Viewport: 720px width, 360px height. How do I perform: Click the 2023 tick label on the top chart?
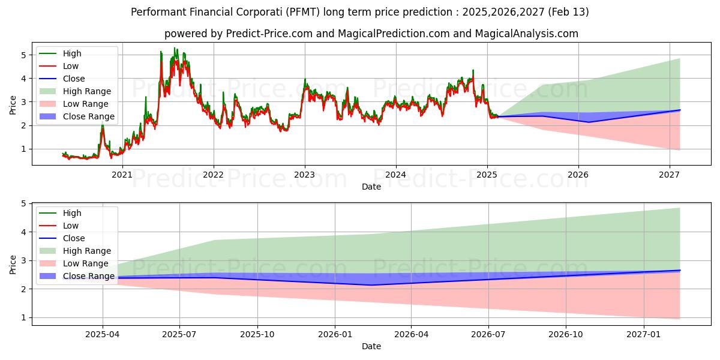pos(304,175)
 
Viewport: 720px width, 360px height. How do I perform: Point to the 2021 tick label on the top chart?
pos(122,175)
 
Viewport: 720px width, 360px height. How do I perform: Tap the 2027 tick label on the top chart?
pos(669,175)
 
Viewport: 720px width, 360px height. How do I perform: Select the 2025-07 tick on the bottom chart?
pos(180,334)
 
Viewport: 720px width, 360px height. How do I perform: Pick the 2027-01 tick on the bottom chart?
pos(644,334)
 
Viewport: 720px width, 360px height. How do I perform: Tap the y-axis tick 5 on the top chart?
pos(24,55)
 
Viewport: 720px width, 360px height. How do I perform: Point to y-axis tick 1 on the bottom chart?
pos(24,317)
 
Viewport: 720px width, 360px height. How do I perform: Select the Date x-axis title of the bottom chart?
pos(371,346)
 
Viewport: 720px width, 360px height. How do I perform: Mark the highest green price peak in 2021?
pos(175,48)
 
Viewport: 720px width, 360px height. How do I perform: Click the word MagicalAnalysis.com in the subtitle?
pos(527,34)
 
